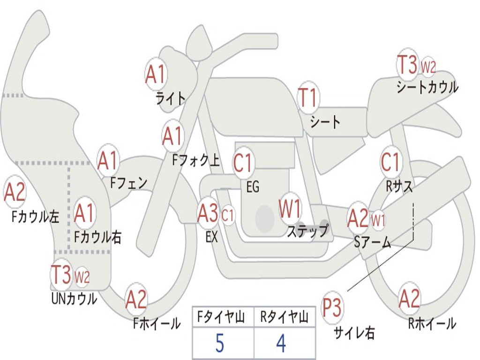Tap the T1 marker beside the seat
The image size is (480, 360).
(308, 97)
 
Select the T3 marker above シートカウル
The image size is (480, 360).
(407, 65)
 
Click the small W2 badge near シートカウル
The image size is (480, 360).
(428, 67)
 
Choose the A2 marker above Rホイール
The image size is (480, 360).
(409, 299)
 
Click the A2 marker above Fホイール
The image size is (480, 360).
(136, 300)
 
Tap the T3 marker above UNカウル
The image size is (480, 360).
(61, 275)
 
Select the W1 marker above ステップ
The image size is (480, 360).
(290, 209)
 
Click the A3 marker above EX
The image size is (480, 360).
(208, 214)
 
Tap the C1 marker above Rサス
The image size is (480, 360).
(390, 162)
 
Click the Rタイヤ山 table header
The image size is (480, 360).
(284, 318)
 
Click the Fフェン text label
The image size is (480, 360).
(128, 182)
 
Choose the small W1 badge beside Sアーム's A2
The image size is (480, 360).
(378, 218)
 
